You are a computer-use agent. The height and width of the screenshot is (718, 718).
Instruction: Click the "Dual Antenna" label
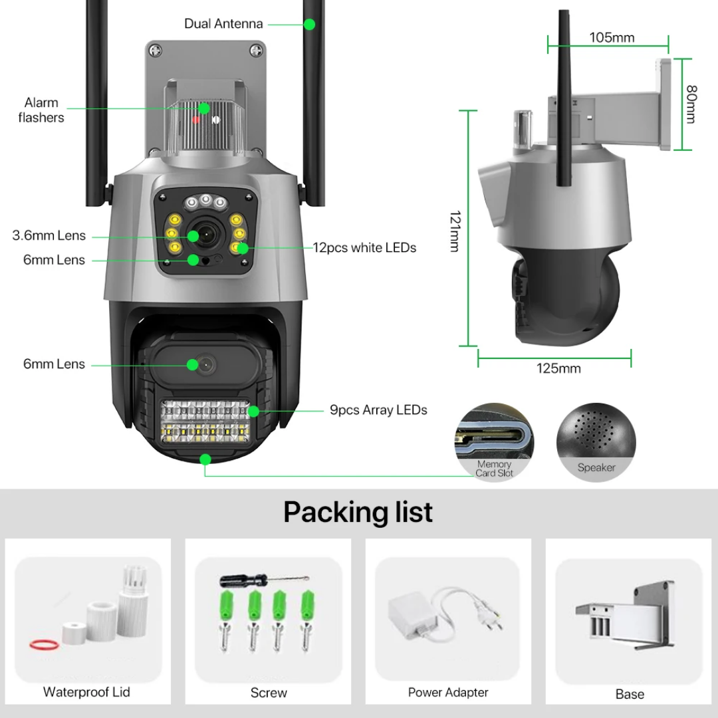[x=223, y=24]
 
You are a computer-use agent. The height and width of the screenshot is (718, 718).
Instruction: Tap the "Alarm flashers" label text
[x=41, y=110]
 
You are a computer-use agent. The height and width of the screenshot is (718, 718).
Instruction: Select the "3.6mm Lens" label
[x=49, y=235]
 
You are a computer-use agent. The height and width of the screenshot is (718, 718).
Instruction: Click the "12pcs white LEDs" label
[x=364, y=248]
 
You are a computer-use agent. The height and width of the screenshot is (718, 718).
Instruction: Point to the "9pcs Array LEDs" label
[x=378, y=410]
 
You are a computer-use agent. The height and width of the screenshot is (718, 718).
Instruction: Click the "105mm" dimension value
[x=612, y=37]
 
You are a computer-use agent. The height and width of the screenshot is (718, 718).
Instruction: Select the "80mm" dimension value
[x=691, y=103]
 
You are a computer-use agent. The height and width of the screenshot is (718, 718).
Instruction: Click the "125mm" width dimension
[x=558, y=368]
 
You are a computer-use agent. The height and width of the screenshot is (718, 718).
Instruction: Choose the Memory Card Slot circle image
[x=494, y=441]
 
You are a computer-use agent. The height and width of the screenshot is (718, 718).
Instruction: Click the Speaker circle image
[x=596, y=441]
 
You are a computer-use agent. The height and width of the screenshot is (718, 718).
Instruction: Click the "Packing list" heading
[x=358, y=512]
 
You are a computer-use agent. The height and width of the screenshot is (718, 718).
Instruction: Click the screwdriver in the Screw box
[x=263, y=580]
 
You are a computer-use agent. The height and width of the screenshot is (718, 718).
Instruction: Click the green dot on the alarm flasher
[x=203, y=108]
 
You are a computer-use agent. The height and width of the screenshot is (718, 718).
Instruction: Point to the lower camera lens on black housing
[x=205, y=364]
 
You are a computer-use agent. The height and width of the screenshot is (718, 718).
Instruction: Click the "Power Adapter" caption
[x=448, y=693]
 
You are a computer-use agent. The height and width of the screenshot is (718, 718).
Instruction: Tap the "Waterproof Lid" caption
[x=86, y=692]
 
